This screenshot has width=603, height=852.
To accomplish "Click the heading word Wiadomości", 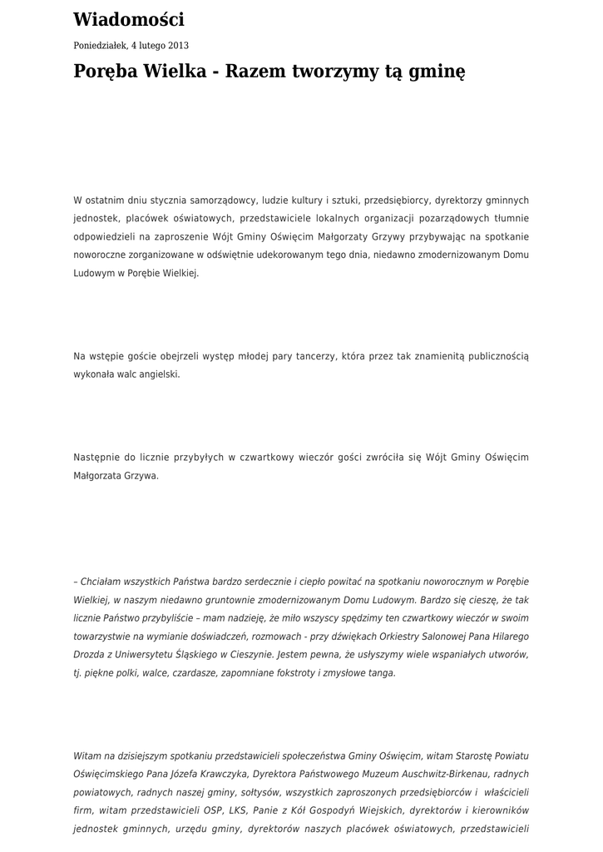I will coord(129,20).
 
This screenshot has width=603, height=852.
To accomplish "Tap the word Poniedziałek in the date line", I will coord(100,46).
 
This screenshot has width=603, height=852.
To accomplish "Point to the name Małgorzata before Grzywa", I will coord(99,476).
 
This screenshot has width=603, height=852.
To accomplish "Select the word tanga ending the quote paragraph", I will coord(383,673).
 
